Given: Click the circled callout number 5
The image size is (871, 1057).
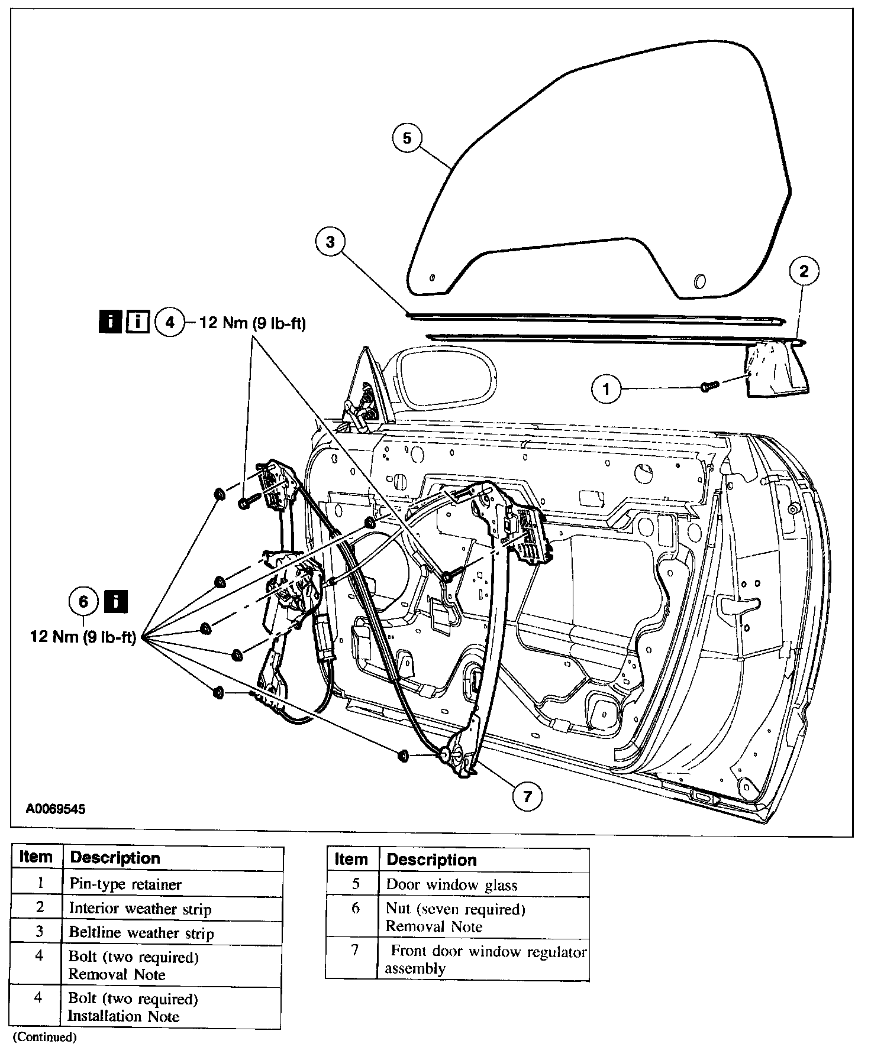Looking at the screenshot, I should (407, 138).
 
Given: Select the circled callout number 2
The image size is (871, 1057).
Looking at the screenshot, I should (804, 271).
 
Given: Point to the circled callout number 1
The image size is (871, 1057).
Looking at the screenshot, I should (606, 388).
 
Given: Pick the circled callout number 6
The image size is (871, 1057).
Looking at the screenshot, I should (83, 602).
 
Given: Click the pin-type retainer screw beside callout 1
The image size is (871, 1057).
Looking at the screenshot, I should (708, 386).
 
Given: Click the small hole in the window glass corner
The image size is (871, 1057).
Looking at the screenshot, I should (432, 277).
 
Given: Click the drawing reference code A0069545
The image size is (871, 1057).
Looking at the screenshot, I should (56, 809).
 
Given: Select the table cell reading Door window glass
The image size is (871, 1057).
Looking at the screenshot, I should (451, 885).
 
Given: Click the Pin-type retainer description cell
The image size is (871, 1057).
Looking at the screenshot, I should (125, 884).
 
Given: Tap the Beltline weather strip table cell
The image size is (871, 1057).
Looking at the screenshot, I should (141, 933).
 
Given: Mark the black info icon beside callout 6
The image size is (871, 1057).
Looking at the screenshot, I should (116, 602).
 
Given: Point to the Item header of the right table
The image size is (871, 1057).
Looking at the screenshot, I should (351, 860).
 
